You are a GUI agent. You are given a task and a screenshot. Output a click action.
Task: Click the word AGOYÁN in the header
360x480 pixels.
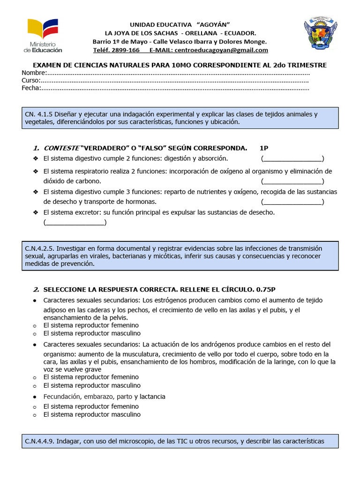click(x=213, y=24)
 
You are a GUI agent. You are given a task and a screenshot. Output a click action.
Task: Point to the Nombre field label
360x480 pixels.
click(x=33, y=73)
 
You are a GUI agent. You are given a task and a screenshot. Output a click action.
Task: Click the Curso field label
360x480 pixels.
click(x=31, y=80)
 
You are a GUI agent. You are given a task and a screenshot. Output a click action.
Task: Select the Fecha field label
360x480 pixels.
click(x=31, y=88)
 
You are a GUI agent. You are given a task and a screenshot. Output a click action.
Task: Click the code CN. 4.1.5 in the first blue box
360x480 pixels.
click(x=39, y=114)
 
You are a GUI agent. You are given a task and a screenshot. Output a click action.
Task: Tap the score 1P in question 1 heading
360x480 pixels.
click(x=264, y=148)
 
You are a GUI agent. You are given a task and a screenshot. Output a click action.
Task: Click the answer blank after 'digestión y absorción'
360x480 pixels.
click(x=292, y=158)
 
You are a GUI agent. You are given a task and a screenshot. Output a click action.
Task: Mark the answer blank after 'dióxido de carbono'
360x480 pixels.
click(x=292, y=181)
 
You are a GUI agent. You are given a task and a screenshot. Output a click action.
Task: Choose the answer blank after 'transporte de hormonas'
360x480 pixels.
click(x=292, y=202)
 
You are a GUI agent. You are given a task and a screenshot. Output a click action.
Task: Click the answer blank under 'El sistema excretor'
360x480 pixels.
click(x=75, y=222)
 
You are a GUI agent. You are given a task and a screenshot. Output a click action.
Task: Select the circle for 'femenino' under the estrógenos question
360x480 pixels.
click(x=35, y=325)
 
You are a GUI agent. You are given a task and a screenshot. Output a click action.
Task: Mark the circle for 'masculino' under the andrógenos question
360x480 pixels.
click(x=35, y=386)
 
